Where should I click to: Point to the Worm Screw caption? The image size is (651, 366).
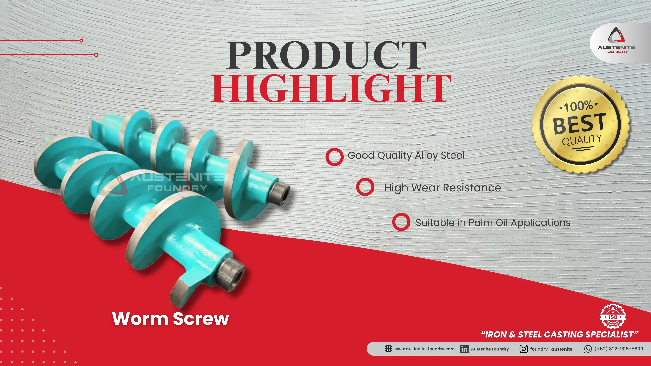[x=171, y=319]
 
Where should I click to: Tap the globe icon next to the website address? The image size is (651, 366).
[x=388, y=349]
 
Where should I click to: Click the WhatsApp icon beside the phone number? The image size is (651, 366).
[x=588, y=349]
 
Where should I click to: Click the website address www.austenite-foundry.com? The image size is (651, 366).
[x=425, y=349]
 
